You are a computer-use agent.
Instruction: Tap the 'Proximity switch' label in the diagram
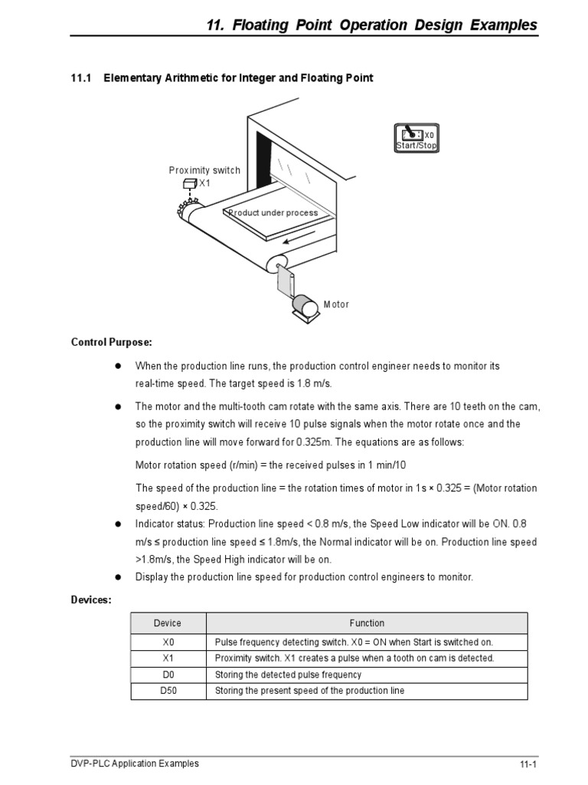click(204, 170)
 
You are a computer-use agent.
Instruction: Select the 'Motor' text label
click(336, 304)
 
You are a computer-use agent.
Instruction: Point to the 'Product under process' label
click(273, 213)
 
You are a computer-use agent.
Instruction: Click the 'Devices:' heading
click(92, 599)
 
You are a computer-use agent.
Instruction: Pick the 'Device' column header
click(168, 623)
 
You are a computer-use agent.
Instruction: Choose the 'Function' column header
click(367, 623)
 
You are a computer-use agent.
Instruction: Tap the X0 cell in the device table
click(168, 642)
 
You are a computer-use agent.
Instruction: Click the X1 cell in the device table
click(168, 659)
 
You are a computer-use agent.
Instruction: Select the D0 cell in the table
click(168, 675)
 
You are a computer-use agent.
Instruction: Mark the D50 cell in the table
click(168, 691)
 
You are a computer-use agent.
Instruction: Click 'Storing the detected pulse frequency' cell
click(288, 675)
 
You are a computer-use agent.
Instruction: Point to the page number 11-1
click(528, 765)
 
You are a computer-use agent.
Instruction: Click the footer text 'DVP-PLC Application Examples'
click(135, 764)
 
